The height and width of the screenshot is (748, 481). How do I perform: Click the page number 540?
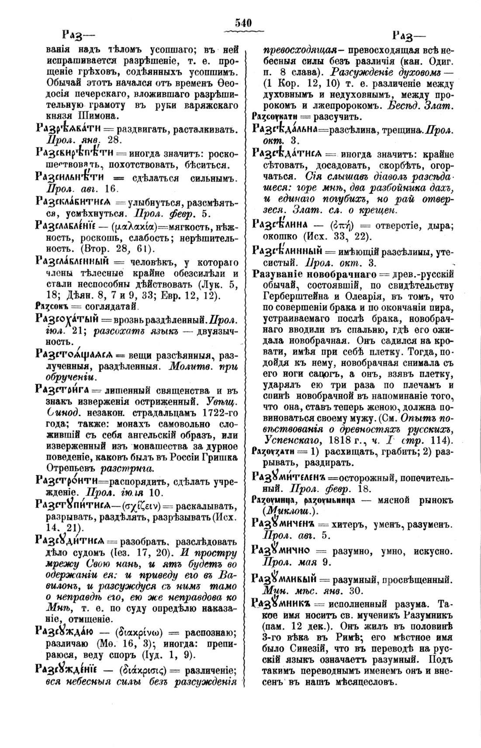[x=241, y=23]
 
